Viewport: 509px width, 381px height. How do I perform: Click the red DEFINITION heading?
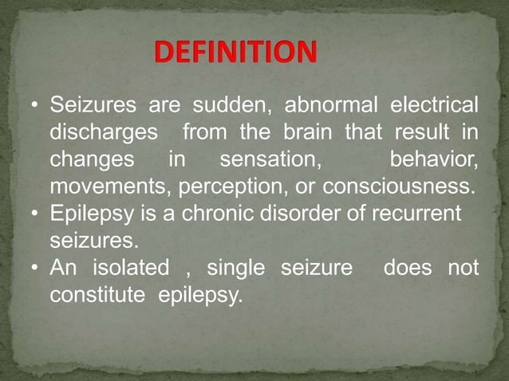coord(235,53)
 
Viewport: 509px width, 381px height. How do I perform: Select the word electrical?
coord(433,105)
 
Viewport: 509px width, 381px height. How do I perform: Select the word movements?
coord(110,187)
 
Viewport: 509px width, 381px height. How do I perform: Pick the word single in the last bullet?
coord(239,268)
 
